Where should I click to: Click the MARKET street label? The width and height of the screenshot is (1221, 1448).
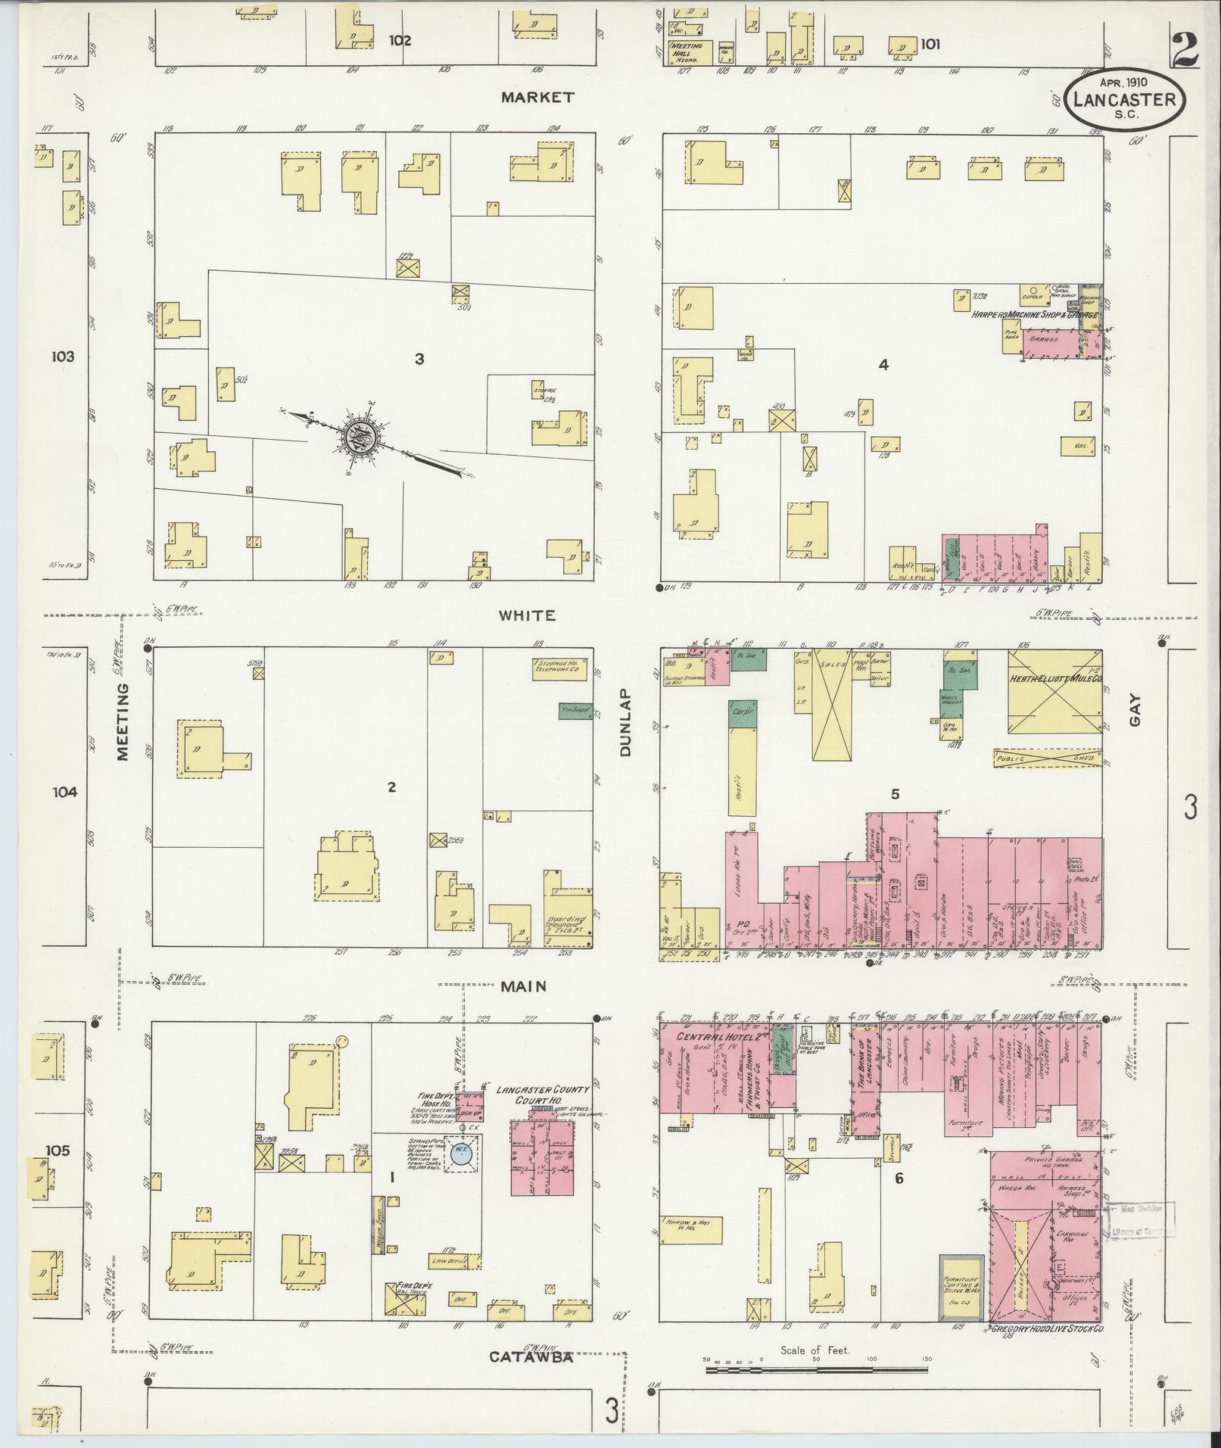pyautogui.click(x=537, y=97)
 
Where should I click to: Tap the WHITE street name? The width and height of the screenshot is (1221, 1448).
pyautogui.click(x=526, y=615)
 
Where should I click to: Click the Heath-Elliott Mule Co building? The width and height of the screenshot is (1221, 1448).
pyautogui.click(x=1054, y=690)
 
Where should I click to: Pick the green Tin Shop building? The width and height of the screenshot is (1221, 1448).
pyautogui.click(x=575, y=710)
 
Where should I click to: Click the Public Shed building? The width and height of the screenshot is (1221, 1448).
pyautogui.click(x=1048, y=759)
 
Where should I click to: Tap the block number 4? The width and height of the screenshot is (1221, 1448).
pyautogui.click(x=883, y=365)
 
